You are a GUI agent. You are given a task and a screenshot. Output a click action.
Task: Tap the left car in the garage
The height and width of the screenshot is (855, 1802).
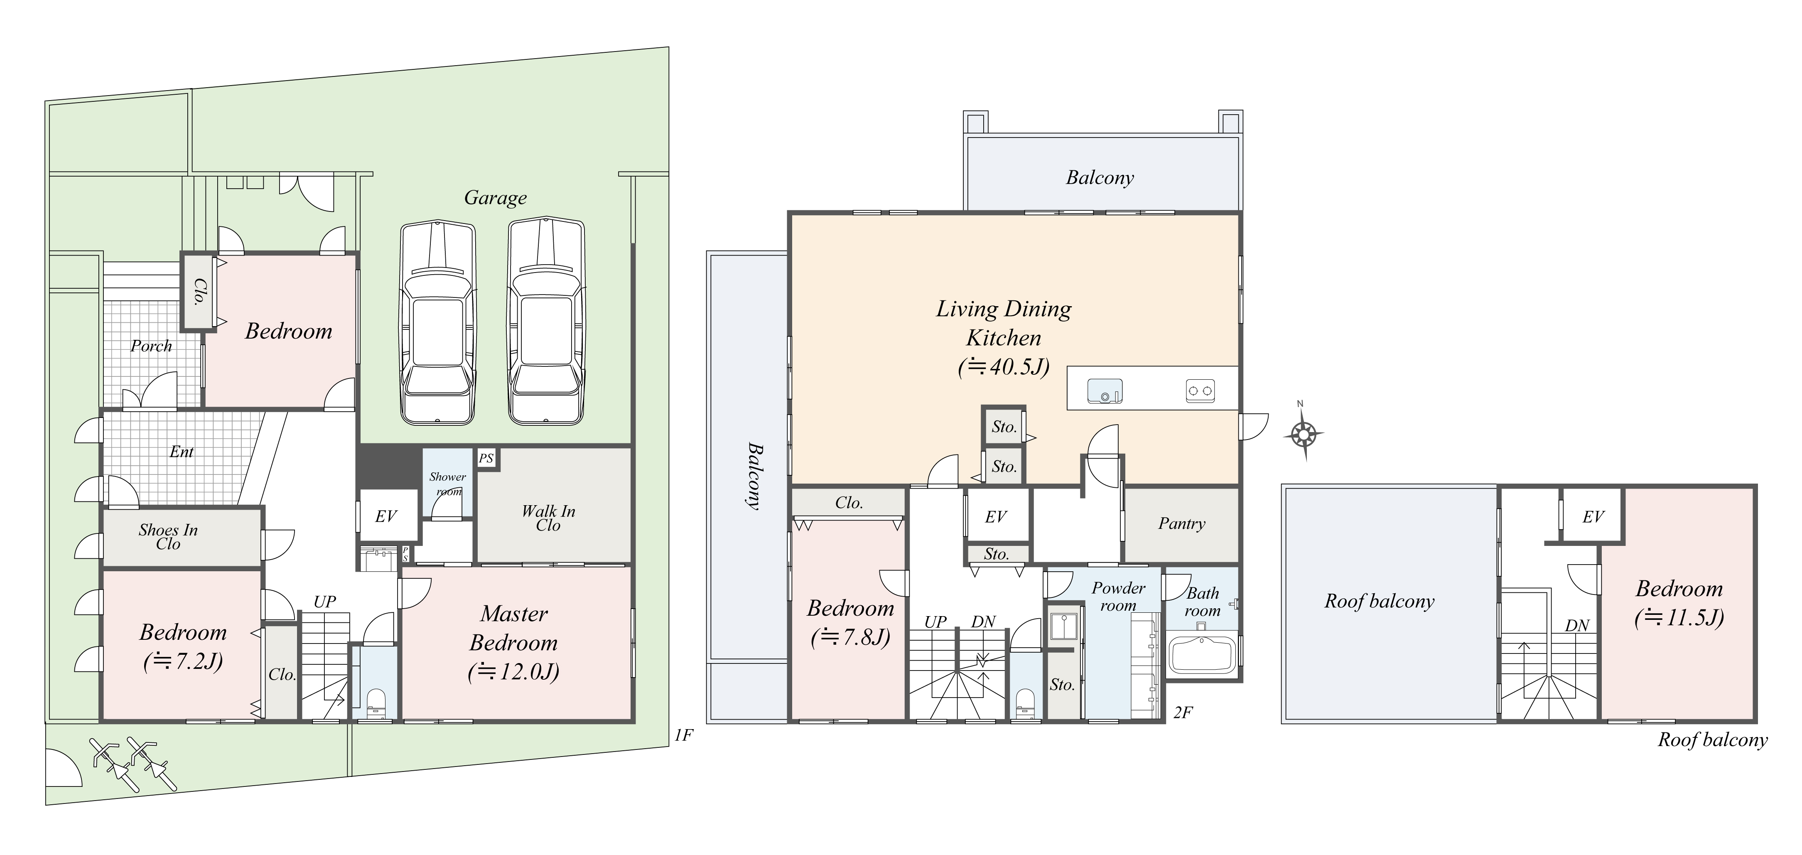pos(437,323)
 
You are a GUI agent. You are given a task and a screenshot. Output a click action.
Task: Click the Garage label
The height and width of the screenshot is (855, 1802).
pos(495,199)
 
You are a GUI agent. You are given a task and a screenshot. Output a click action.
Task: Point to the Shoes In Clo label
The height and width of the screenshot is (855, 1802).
pos(168,537)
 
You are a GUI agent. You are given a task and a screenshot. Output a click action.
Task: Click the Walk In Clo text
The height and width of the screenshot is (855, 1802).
pos(548,518)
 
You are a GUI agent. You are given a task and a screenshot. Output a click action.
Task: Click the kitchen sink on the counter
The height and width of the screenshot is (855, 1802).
pos(1105,391)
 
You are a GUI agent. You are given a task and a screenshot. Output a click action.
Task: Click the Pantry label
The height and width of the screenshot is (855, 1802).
pos(1181,524)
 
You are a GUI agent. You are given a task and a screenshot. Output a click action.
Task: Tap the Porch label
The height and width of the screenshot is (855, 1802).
pos(151,346)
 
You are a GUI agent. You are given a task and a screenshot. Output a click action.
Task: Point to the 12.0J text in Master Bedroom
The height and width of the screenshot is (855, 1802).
pos(513,672)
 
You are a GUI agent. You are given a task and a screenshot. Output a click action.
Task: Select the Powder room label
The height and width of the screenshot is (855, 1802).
pos(1119,597)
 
